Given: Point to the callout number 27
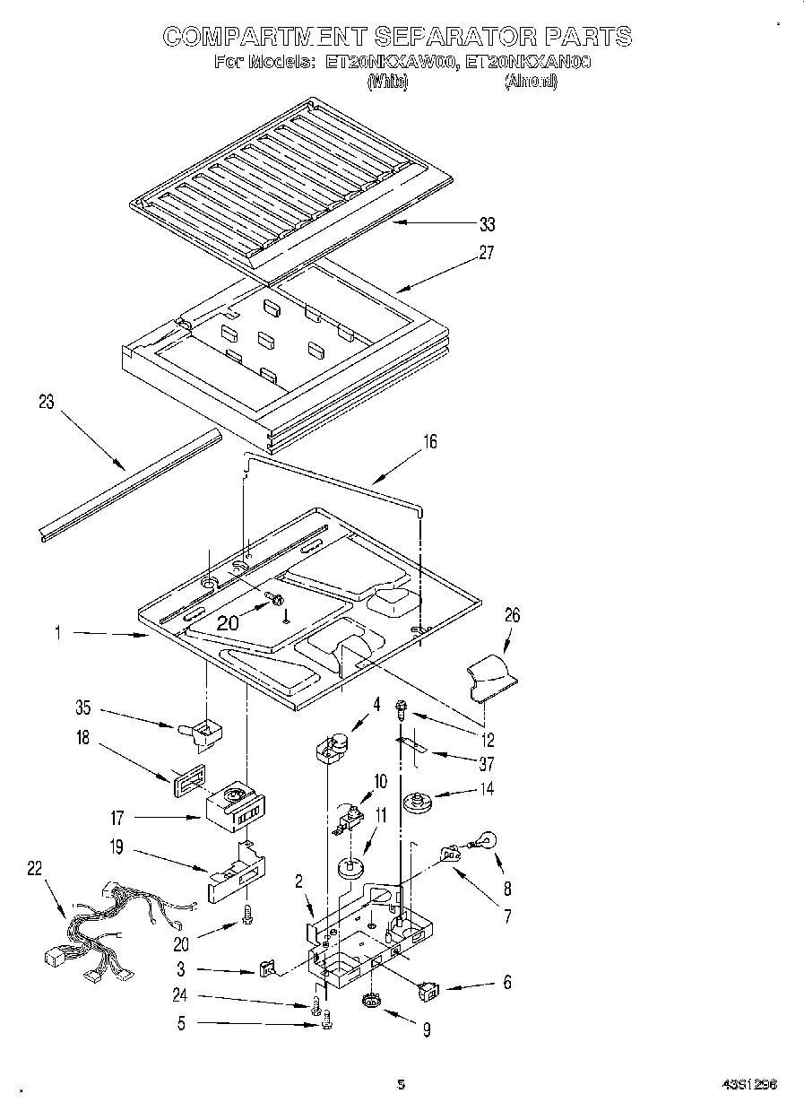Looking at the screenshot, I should point(486,253).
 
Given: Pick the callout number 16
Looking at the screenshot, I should point(430,442).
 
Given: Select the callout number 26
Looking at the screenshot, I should point(512,616).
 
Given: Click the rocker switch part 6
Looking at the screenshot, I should point(430,990).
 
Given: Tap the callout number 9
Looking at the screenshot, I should point(427,1031).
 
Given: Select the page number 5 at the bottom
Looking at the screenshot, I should point(402,1085).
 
